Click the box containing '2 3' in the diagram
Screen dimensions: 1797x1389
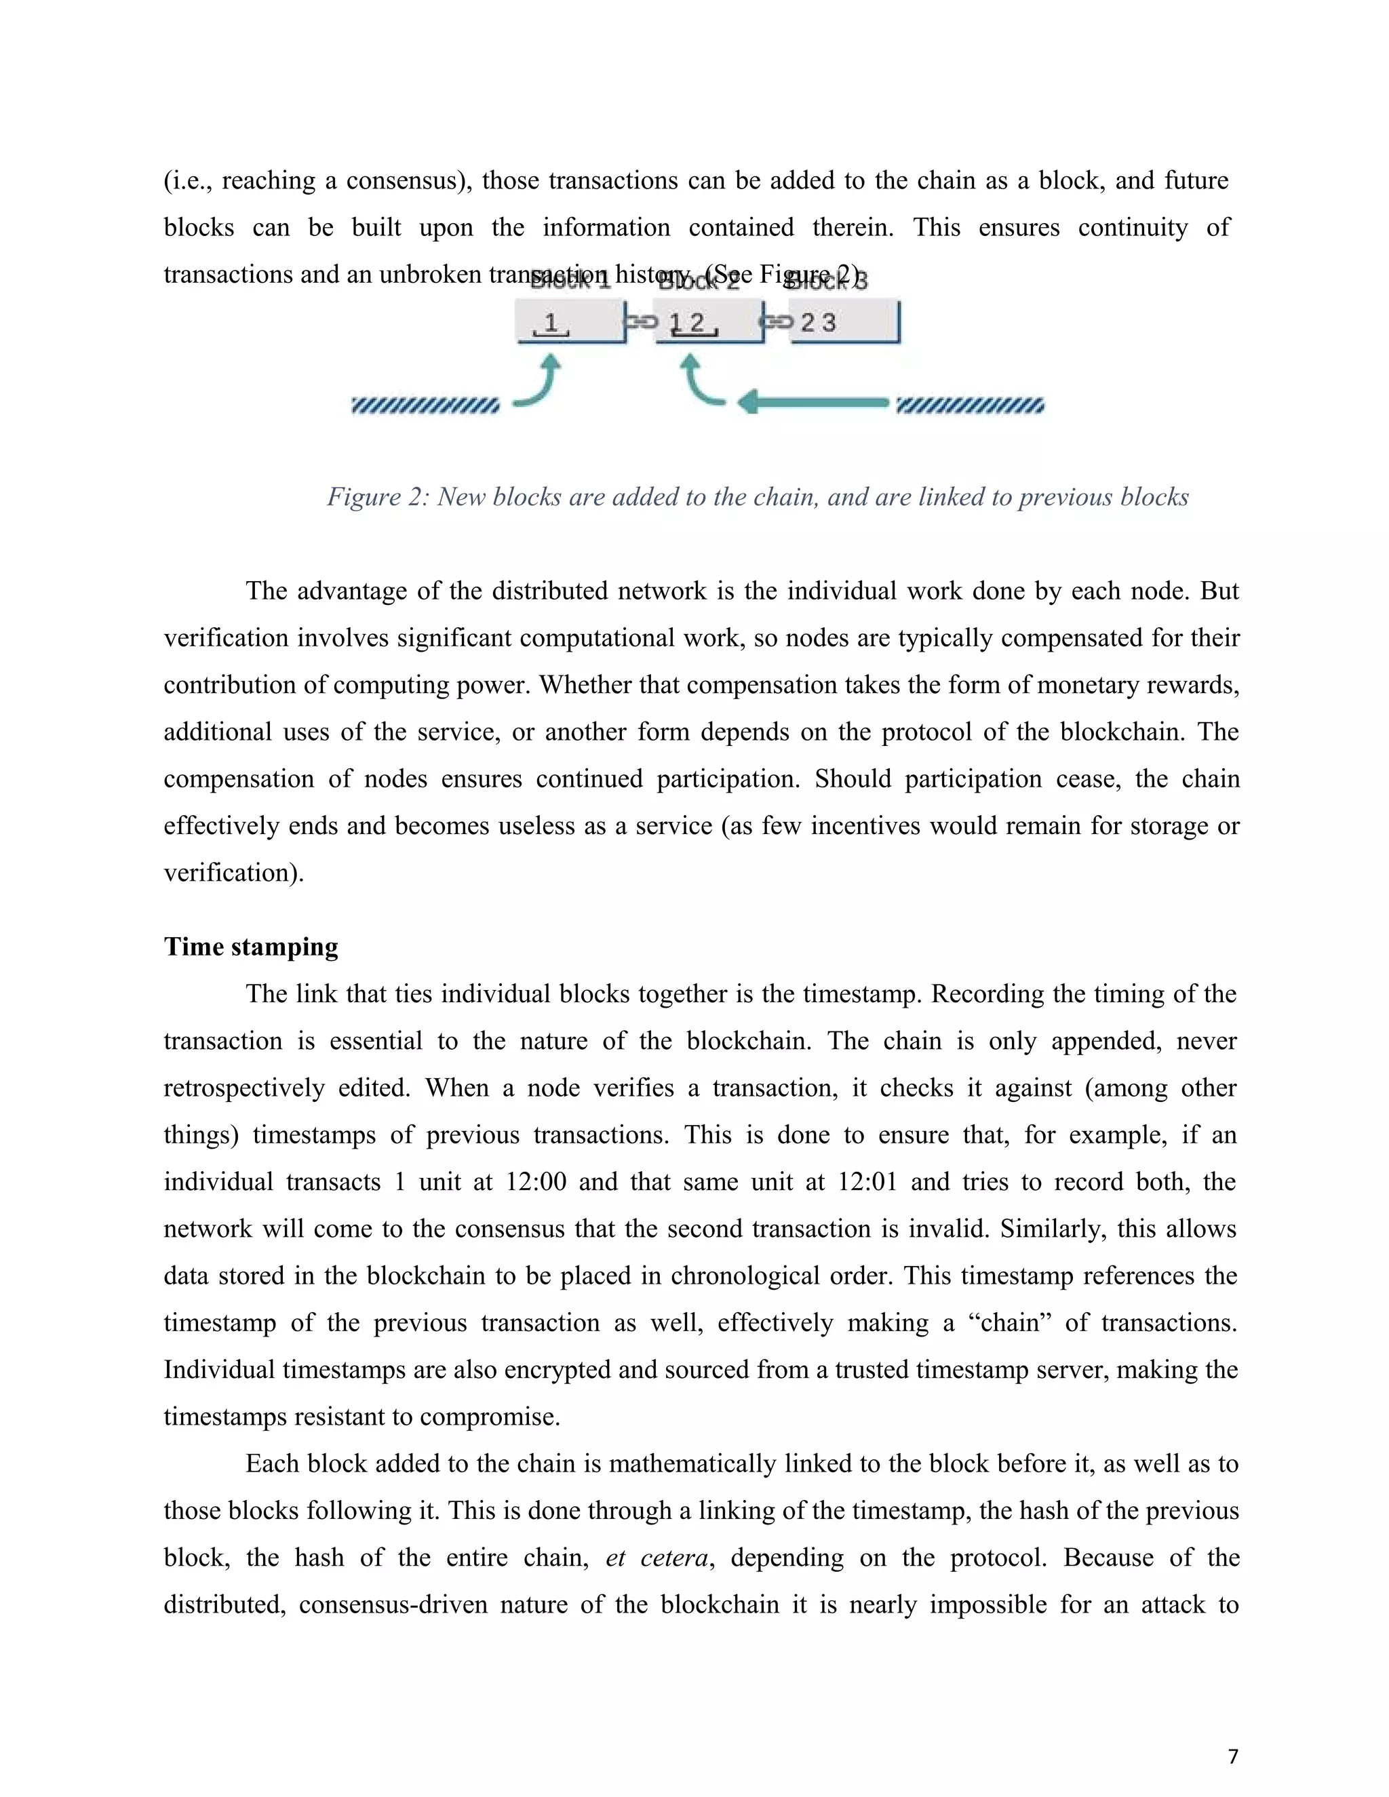(844, 321)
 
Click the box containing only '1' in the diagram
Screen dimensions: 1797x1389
(570, 321)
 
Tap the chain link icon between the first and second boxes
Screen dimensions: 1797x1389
(641, 321)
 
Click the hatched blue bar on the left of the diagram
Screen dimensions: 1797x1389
(425, 406)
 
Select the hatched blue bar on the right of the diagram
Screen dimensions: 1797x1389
(969, 406)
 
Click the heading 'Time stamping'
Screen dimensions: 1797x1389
(251, 947)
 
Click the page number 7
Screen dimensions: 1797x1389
(1232, 1757)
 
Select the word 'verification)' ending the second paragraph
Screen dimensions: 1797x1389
(234, 873)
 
